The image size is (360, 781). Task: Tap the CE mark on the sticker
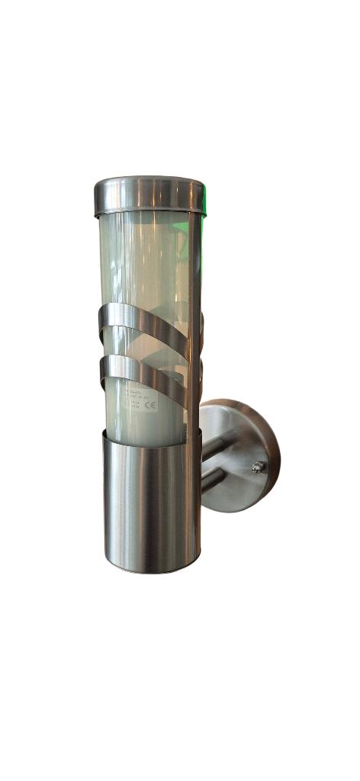(150, 406)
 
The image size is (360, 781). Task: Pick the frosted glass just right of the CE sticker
(172, 408)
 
